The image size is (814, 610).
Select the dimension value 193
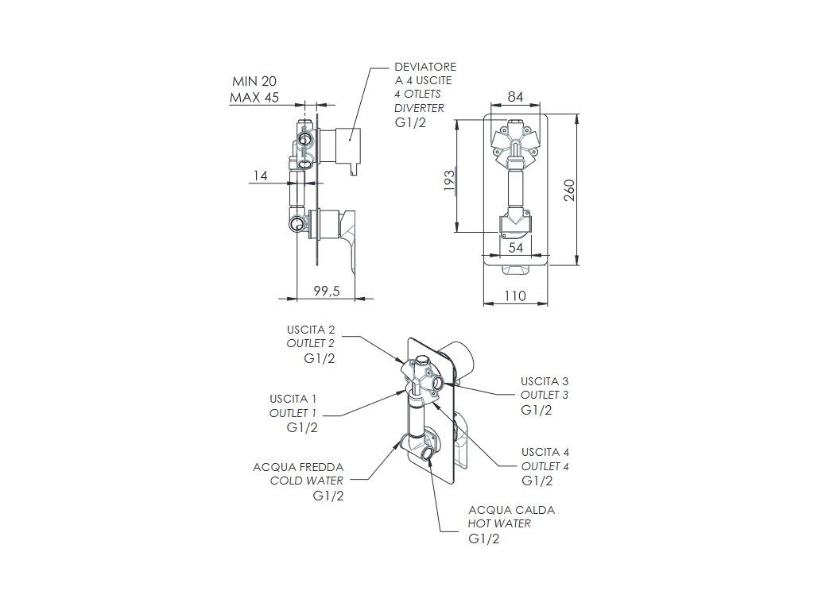(x=448, y=181)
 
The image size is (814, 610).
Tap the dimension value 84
(x=514, y=97)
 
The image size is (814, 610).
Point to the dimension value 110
(x=515, y=295)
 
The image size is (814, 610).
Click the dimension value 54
(x=515, y=248)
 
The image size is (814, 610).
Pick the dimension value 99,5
(x=326, y=291)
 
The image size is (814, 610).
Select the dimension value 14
(x=260, y=176)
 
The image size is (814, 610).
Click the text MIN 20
(x=254, y=81)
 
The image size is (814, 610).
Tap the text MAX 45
(x=254, y=98)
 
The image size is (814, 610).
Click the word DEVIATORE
(x=425, y=67)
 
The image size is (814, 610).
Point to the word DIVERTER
(x=419, y=108)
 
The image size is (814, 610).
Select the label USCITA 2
(x=311, y=329)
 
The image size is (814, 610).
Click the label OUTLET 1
(x=293, y=412)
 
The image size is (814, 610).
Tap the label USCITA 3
(x=545, y=381)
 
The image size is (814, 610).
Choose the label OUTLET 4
(x=545, y=466)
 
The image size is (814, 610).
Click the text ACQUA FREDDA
(x=298, y=467)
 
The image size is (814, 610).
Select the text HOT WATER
(x=499, y=523)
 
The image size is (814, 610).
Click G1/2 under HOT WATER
(x=484, y=539)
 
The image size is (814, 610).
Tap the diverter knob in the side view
(x=347, y=146)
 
